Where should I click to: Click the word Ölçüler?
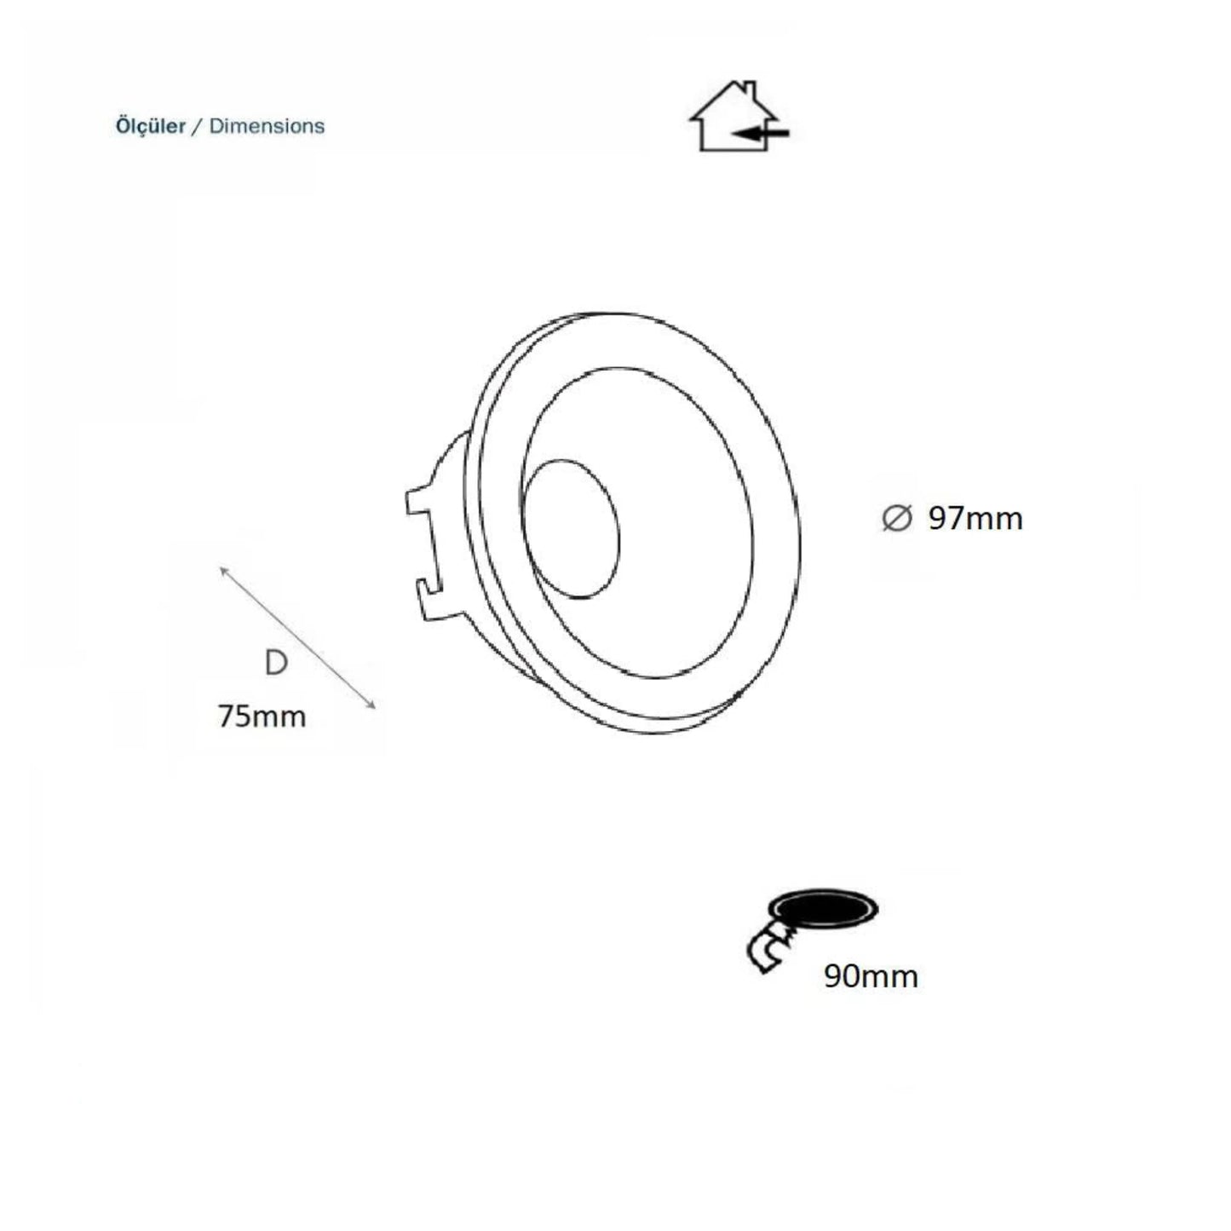point(150,126)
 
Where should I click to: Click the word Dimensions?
point(267,126)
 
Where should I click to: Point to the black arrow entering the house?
point(760,134)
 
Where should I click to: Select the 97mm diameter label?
point(975,518)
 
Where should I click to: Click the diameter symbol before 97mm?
point(896,518)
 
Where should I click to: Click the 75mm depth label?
point(262,716)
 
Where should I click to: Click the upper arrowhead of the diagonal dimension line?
point(223,571)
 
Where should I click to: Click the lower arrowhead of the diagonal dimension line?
point(371,704)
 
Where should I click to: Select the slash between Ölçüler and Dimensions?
point(198,126)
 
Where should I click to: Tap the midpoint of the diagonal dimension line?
point(297,637)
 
